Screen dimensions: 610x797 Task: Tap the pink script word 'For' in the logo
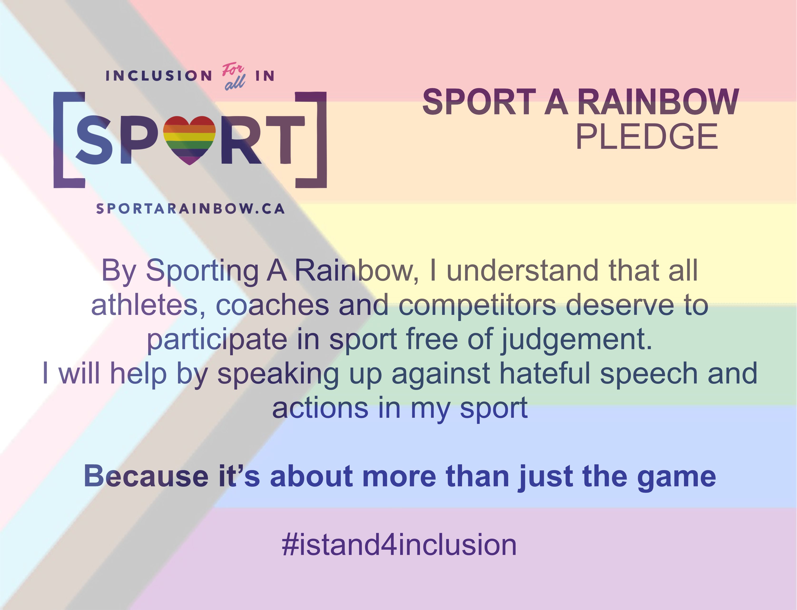click(x=233, y=69)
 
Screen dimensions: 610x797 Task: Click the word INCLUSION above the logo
click(x=159, y=76)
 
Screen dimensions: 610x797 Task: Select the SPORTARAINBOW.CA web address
click(x=190, y=209)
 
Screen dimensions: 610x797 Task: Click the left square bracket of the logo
click(x=67, y=140)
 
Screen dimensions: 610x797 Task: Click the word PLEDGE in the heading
click(x=647, y=137)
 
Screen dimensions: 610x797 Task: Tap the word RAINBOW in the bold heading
click(x=658, y=102)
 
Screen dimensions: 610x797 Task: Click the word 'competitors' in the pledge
click(x=477, y=305)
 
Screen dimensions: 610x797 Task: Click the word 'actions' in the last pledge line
click(x=320, y=408)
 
